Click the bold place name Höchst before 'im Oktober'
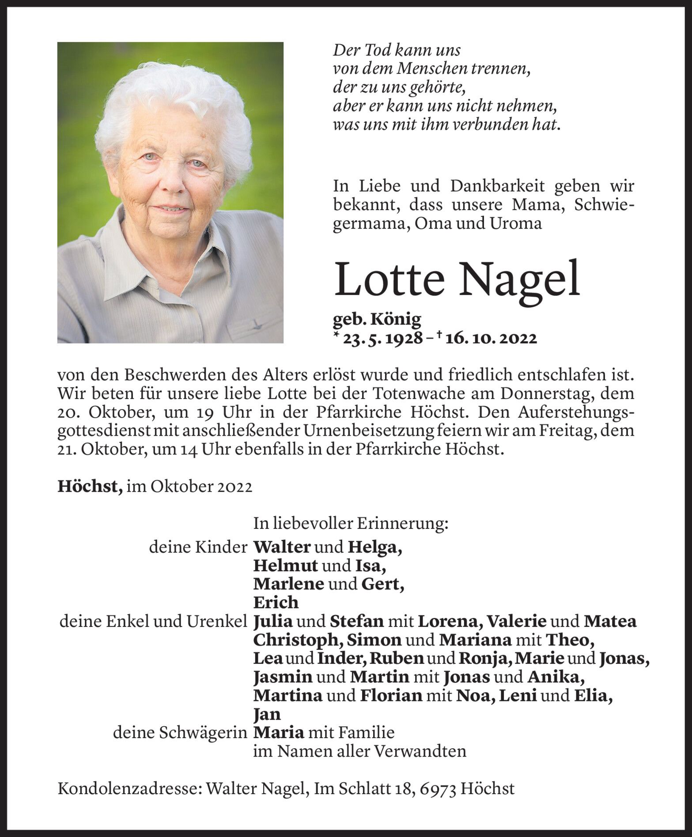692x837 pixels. click(90, 487)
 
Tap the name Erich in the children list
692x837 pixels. click(276, 603)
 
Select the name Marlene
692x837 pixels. click(288, 584)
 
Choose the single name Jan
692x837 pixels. click(267, 714)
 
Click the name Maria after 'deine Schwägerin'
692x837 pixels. click(279, 732)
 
